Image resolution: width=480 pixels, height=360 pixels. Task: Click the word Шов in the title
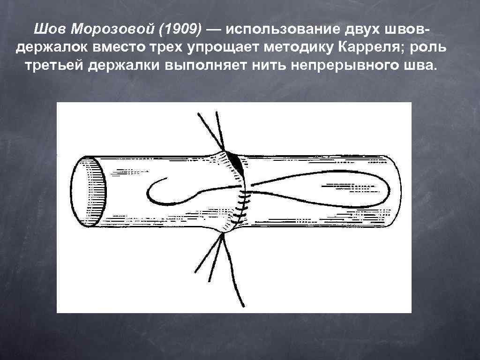tap(47, 30)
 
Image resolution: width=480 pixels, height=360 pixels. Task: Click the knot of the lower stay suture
tap(222, 235)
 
